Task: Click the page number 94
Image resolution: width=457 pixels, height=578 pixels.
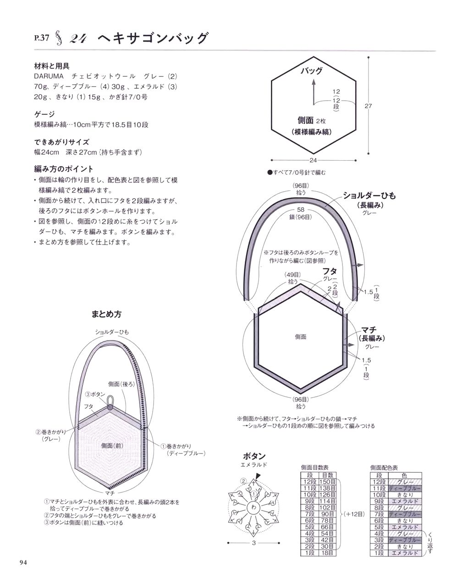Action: click(x=23, y=562)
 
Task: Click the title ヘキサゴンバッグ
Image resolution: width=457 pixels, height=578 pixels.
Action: click(x=153, y=38)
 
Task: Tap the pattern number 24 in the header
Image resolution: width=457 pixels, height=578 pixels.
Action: click(x=78, y=39)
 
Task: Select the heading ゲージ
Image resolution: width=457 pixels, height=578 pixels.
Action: click(x=44, y=114)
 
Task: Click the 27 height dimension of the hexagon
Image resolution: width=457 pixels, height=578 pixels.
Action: click(x=368, y=106)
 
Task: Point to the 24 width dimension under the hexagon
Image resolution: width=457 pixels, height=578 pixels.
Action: click(x=313, y=160)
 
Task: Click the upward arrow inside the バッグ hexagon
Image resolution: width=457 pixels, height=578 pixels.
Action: click(x=314, y=92)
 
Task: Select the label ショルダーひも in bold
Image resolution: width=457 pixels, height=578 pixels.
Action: click(x=369, y=195)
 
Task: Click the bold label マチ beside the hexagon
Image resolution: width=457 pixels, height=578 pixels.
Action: click(x=369, y=330)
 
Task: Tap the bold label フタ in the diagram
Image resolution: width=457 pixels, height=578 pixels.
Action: click(x=330, y=271)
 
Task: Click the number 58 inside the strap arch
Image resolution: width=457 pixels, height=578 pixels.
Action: click(x=301, y=210)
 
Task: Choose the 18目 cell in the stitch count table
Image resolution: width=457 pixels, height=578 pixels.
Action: click(x=327, y=553)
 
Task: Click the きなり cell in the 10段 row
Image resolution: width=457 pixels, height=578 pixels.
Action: click(x=405, y=495)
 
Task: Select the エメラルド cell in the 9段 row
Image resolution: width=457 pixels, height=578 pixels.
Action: click(x=405, y=501)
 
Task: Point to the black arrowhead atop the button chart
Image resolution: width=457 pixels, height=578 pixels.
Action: click(x=258, y=476)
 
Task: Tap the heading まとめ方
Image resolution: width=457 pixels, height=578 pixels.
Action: click(x=106, y=314)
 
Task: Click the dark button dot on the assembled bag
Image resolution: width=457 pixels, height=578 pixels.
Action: click(x=110, y=408)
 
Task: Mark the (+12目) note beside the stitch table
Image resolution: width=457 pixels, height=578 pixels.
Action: click(x=354, y=514)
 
